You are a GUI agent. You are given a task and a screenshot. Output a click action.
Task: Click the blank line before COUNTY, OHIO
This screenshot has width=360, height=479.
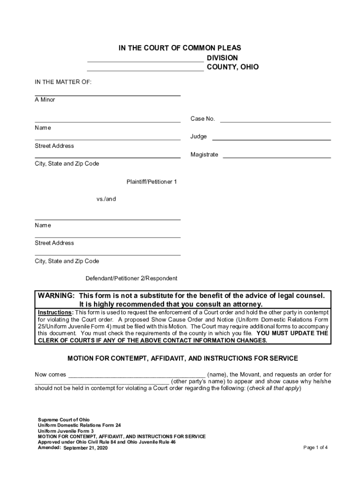click(145, 70)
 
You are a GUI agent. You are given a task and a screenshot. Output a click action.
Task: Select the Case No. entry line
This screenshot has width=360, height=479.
click(275, 121)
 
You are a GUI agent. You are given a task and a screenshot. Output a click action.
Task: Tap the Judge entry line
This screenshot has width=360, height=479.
click(272, 139)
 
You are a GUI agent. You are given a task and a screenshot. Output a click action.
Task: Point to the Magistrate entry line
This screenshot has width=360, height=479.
click(277, 157)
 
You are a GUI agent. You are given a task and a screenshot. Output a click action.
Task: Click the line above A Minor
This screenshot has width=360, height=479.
click(108, 95)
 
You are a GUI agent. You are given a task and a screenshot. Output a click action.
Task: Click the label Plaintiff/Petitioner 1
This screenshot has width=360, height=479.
click(151, 181)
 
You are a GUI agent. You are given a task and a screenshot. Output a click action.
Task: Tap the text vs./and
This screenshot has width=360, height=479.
click(106, 199)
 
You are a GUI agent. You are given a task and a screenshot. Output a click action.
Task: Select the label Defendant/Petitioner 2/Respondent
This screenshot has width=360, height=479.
click(131, 278)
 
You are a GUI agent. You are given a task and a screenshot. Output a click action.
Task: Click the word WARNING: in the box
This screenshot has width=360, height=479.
click(56, 296)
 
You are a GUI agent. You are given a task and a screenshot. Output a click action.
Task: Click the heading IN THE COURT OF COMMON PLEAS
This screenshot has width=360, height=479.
click(180, 48)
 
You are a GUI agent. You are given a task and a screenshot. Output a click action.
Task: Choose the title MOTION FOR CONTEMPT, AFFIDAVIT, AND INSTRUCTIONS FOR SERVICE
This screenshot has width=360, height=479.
click(183, 359)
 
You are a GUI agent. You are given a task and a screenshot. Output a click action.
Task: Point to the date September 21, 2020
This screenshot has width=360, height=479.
click(86, 448)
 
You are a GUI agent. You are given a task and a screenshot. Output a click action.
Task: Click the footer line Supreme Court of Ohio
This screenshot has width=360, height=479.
click(64, 420)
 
